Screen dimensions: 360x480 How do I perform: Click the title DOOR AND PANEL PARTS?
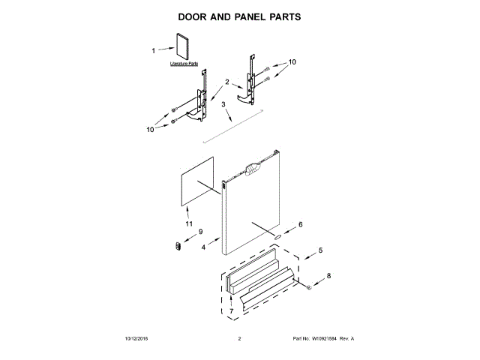tap(240, 16)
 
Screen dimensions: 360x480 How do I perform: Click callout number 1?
tap(154, 51)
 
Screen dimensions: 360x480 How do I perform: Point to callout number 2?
tap(226, 82)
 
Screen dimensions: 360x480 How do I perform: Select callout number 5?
tap(320, 250)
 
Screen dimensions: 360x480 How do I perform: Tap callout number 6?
tap(301, 224)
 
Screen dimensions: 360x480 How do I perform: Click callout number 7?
tap(232, 310)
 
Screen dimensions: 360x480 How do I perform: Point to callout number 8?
tap(327, 276)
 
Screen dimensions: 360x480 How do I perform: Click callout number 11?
tap(188, 224)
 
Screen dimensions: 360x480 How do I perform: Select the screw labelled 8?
tap(307, 286)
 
